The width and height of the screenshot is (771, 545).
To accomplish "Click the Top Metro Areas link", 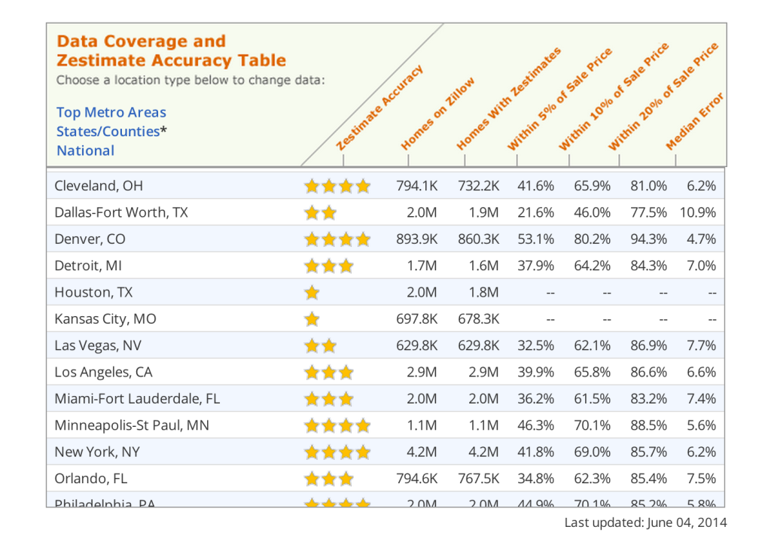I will pyautogui.click(x=111, y=113).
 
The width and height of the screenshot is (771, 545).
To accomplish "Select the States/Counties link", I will pyautogui.click(x=108, y=132).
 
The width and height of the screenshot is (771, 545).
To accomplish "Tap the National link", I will pyautogui.click(x=85, y=151).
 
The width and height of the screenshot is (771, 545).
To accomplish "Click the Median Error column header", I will pyautogui.click(x=695, y=122).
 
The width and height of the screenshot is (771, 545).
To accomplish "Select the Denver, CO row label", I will pyautogui.click(x=90, y=239).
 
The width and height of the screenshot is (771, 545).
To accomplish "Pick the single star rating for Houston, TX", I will pyautogui.click(x=312, y=293).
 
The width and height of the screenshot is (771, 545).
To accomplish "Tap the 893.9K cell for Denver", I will pyautogui.click(x=416, y=239).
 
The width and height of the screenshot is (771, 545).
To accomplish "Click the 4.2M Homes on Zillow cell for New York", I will pyautogui.click(x=422, y=452).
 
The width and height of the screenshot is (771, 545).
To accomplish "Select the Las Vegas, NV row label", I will pyautogui.click(x=98, y=346).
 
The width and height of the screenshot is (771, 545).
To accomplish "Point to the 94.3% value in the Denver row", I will pyautogui.click(x=648, y=239).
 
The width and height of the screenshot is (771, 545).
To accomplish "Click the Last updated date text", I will pyautogui.click(x=646, y=522).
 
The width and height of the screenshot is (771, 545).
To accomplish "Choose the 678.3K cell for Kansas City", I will pyautogui.click(x=478, y=319).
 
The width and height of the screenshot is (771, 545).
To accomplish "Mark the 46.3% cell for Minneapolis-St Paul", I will pyautogui.click(x=535, y=426).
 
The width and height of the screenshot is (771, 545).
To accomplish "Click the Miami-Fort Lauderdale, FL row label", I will pyautogui.click(x=137, y=399).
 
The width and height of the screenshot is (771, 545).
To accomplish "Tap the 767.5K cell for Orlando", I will pyautogui.click(x=478, y=479).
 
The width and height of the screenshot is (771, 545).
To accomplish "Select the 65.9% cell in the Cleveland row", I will pyautogui.click(x=592, y=186).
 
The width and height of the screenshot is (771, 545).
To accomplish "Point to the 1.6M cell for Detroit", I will pyautogui.click(x=483, y=266).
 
